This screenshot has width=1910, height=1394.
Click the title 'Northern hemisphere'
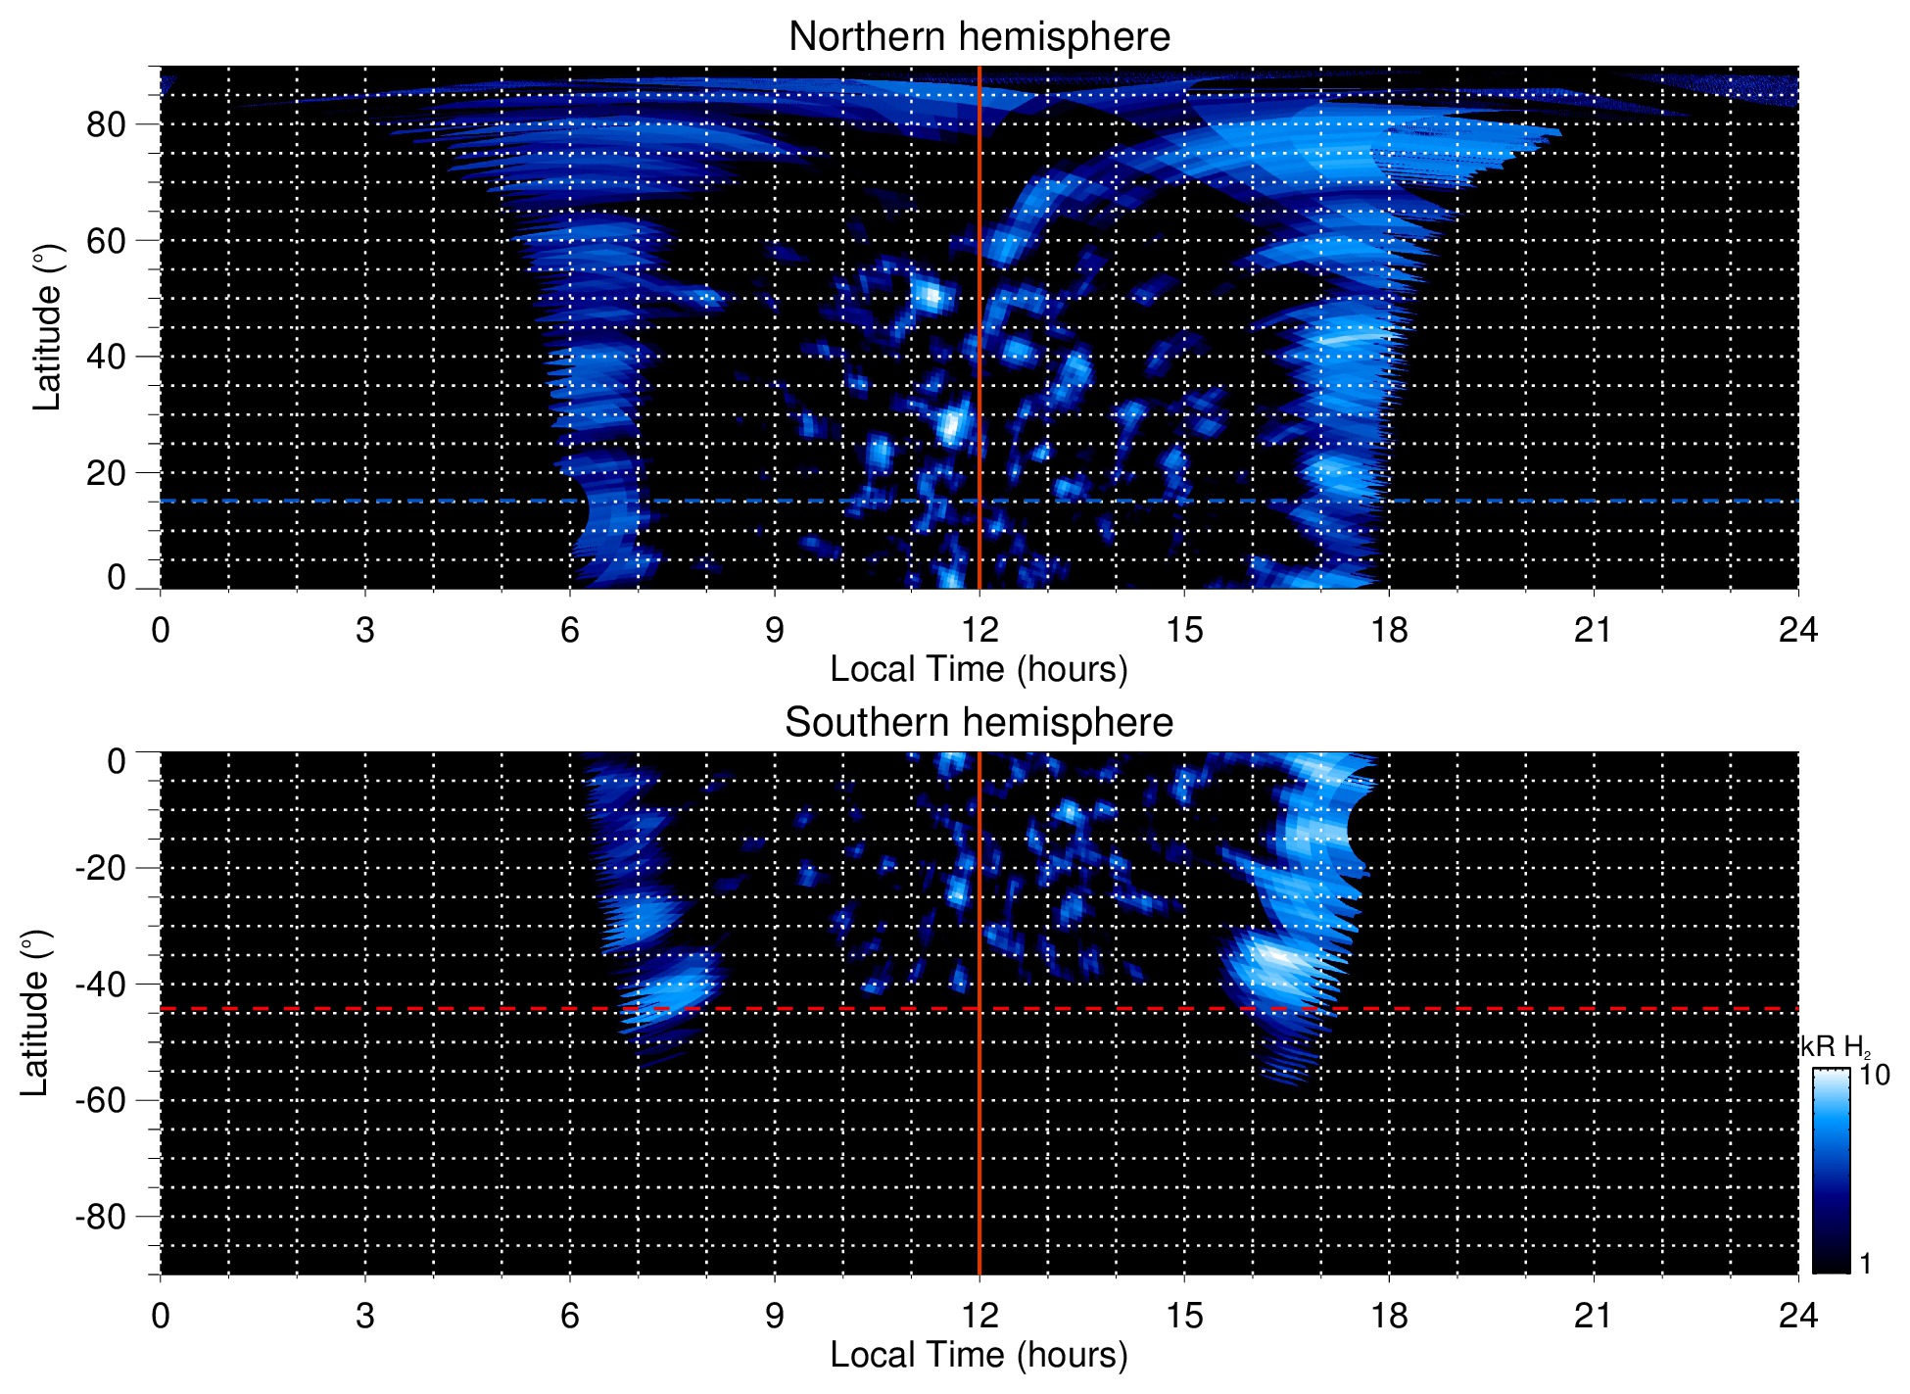click(x=979, y=37)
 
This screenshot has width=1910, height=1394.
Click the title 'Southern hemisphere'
click(x=979, y=723)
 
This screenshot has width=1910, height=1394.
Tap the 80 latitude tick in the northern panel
click(x=106, y=124)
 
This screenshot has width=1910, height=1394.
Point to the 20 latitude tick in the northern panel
click(x=106, y=473)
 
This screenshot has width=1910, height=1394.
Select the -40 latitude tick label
click(x=101, y=984)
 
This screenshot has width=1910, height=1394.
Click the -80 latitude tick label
click(x=101, y=1217)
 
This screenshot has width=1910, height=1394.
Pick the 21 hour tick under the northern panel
click(x=1593, y=629)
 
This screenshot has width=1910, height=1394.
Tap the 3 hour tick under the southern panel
click(x=364, y=1315)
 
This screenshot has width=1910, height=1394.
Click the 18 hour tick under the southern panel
click(x=1388, y=1315)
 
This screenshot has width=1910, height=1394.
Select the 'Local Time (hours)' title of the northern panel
click(x=979, y=669)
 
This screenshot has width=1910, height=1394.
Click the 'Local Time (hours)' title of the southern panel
click(x=979, y=1355)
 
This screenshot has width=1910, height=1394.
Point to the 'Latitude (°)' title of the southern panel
click(x=35, y=1013)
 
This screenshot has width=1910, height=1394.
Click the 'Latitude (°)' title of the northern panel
click(x=47, y=327)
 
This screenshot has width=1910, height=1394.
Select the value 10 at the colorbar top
click(x=1874, y=1075)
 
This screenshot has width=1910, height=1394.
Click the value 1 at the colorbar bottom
click(x=1865, y=1264)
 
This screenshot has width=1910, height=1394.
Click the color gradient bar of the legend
click(x=1831, y=1171)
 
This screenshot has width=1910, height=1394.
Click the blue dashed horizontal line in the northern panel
click(x=392, y=501)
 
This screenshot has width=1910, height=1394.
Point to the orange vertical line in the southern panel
click(x=979, y=1127)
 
